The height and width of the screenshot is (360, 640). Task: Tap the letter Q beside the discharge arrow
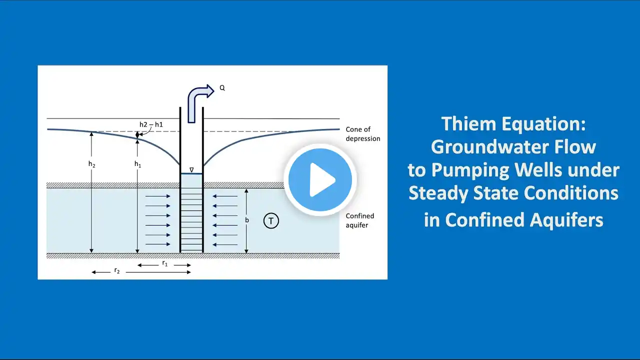click(x=222, y=88)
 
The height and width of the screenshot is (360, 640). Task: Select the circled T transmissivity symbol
click(x=271, y=220)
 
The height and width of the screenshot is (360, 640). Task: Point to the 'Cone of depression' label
click(x=362, y=134)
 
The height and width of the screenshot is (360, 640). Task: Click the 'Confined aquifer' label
click(x=360, y=220)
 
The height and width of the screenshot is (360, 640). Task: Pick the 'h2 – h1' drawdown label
click(x=151, y=124)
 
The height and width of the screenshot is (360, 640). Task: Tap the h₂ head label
click(x=92, y=163)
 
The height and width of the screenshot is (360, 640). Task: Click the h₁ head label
click(x=138, y=163)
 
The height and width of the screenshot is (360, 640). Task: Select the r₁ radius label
click(x=165, y=263)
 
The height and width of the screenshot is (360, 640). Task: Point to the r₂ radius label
click(x=117, y=270)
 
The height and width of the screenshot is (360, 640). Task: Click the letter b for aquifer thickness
click(x=247, y=219)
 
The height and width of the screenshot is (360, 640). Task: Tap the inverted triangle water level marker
click(x=191, y=170)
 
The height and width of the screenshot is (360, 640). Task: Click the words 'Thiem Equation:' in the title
click(x=513, y=124)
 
